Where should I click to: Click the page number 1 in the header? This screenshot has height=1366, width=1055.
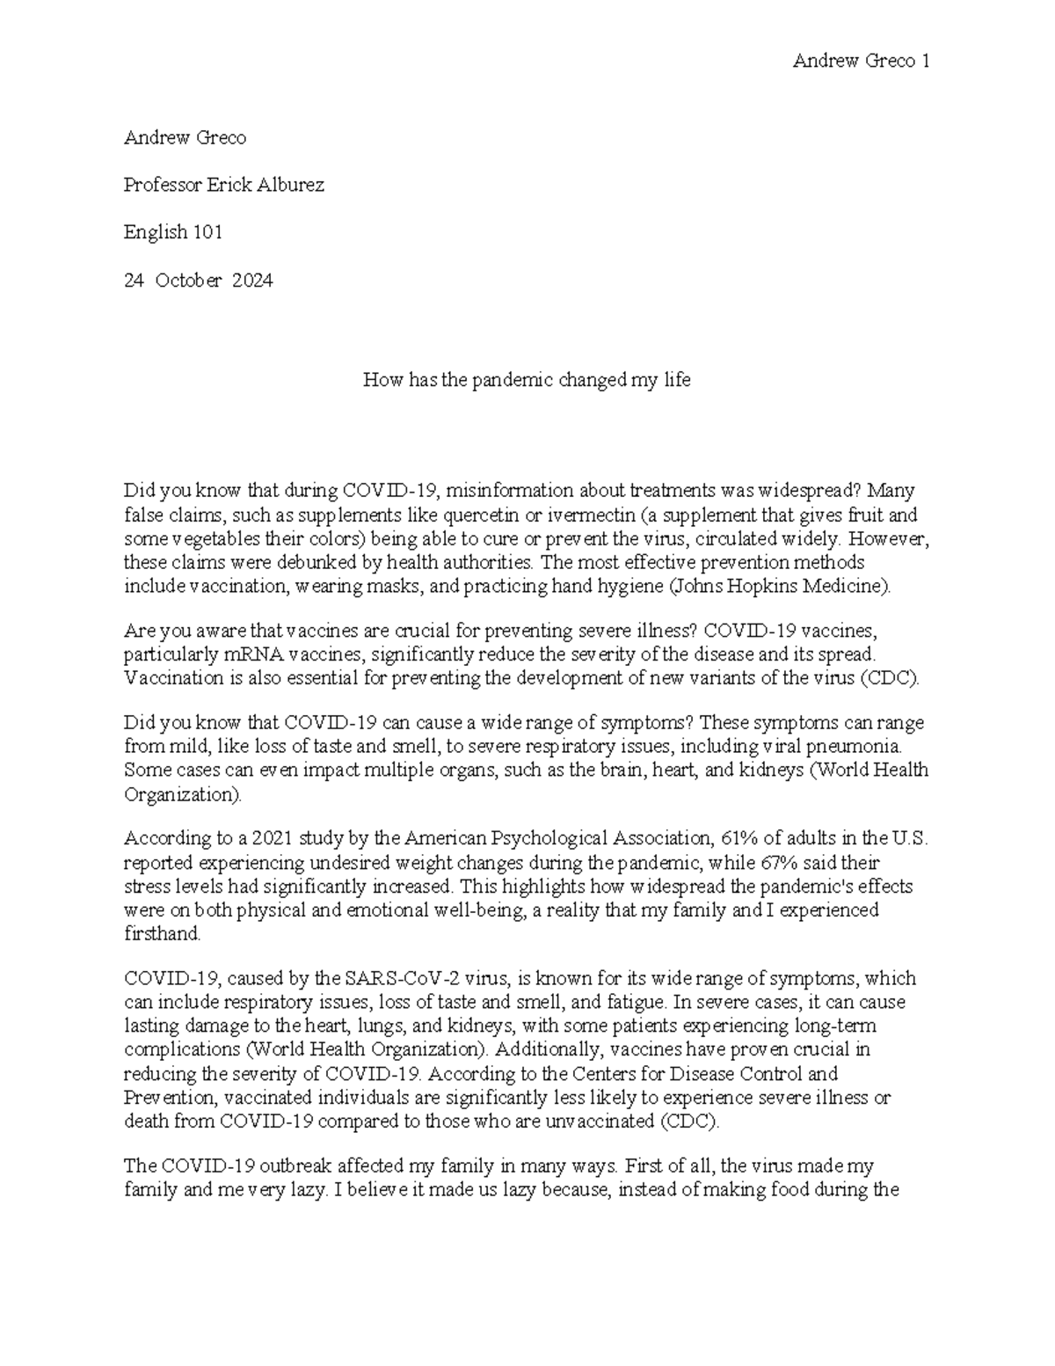point(925,61)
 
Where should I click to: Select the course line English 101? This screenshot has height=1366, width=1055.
point(173,232)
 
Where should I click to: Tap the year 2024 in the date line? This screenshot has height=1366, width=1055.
point(252,281)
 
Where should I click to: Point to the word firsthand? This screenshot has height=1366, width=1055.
point(163,934)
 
